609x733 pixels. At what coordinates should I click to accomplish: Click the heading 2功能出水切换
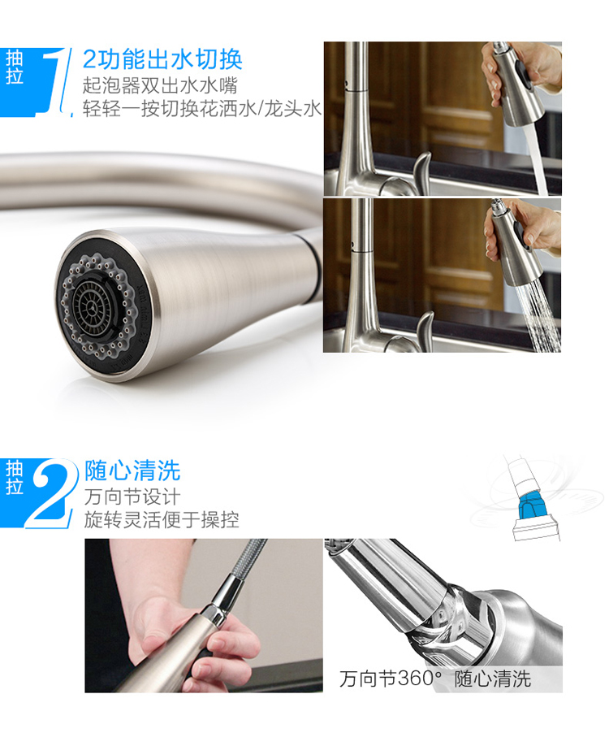(162, 59)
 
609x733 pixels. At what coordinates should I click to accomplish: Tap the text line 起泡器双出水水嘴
(160, 85)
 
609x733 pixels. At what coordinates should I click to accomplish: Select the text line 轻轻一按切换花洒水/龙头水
(202, 108)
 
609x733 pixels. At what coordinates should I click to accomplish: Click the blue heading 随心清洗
(132, 471)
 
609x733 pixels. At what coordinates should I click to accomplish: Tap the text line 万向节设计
(132, 496)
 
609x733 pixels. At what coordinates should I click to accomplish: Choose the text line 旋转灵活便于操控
(162, 519)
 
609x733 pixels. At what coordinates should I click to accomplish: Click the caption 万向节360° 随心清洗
(435, 679)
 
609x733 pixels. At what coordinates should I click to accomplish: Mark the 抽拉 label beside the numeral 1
(14, 67)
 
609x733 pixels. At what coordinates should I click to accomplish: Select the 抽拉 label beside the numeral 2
(14, 477)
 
